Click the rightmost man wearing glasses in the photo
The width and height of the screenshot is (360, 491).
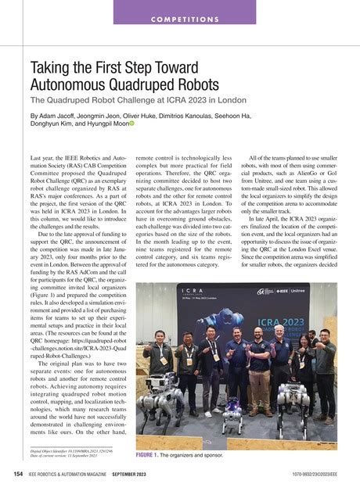[323, 367]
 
